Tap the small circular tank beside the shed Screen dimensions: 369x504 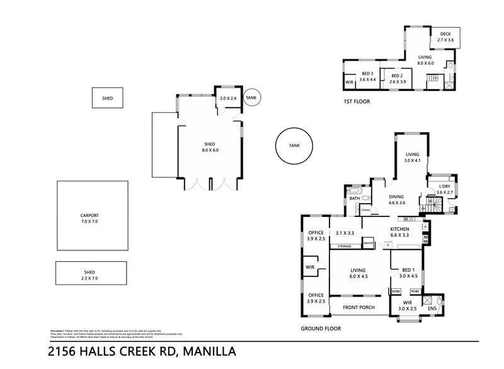click(251, 98)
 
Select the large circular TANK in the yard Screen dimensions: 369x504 click(294, 146)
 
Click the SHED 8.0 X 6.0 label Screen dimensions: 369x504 click(209, 146)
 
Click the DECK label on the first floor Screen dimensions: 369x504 click(445, 37)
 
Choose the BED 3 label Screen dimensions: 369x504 click(367, 76)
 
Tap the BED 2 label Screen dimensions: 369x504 click(398, 78)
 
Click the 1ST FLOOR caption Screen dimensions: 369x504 click(356, 101)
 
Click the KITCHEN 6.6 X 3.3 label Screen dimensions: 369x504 click(399, 231)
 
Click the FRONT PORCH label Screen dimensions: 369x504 click(358, 307)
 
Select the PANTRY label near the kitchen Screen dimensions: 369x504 click(369, 243)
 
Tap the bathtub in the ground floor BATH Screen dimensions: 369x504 click(353, 191)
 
